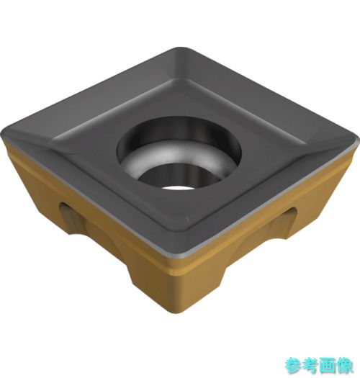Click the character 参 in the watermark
pos(293,366)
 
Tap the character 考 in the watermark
pos(310,366)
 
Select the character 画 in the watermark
pos(327,366)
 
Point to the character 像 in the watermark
pos(344,366)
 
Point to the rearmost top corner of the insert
pos(181,48)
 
